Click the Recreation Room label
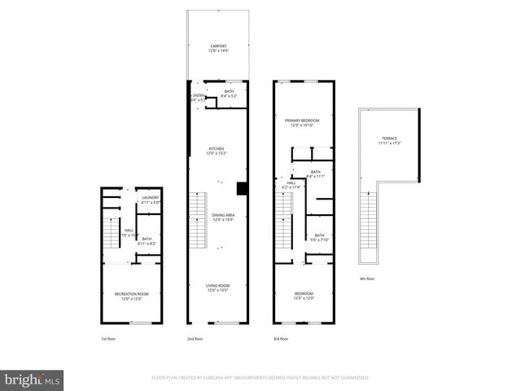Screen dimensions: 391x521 (131, 296)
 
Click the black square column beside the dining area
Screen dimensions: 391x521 (242, 189)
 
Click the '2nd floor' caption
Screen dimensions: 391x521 (195, 338)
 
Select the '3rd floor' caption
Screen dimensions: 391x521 (281, 338)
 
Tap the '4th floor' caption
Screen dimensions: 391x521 (367, 279)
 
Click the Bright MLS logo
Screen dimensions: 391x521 (33, 380)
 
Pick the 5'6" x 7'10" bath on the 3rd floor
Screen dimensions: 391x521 (319, 237)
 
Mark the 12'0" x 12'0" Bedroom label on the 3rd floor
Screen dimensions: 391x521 (303, 296)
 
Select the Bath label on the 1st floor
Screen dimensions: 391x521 (147, 241)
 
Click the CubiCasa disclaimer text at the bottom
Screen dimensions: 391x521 (260, 378)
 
